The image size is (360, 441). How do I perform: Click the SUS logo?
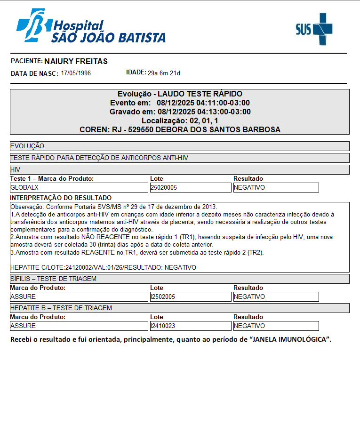point(313,29)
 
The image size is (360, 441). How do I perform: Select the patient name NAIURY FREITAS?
point(76,61)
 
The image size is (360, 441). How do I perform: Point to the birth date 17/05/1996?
point(76,73)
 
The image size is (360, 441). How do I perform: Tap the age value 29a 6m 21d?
point(164,73)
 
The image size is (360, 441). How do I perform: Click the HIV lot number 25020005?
point(163,187)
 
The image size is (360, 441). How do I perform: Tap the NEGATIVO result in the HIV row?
point(249,187)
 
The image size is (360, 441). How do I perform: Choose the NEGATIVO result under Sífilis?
point(249,297)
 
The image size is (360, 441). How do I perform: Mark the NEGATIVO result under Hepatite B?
point(249,326)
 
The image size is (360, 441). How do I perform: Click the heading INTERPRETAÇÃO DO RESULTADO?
point(61,198)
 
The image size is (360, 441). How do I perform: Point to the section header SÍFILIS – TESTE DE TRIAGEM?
point(53,279)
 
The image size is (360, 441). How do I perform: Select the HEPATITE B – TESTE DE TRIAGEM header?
point(61,308)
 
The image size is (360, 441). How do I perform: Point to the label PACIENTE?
point(26,61)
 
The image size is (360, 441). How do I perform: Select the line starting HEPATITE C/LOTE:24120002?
point(103,267)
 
